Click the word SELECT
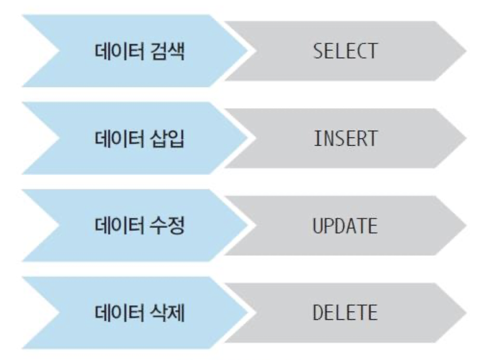tap(345, 51)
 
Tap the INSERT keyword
tap(345, 139)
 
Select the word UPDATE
tap(345, 226)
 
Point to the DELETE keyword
tap(345, 313)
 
